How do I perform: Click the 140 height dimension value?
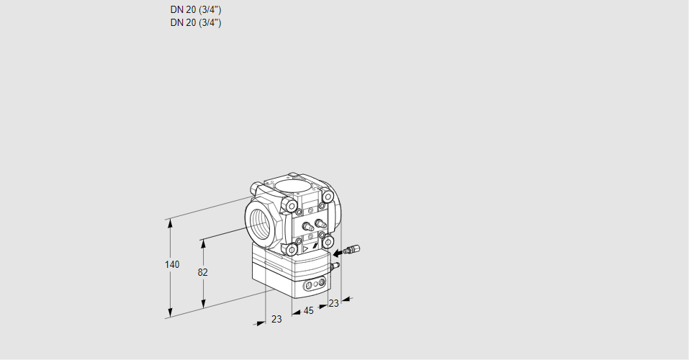(x=171, y=265)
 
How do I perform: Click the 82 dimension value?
(x=202, y=273)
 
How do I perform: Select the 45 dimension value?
(x=308, y=311)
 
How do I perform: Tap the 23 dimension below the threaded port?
(x=276, y=319)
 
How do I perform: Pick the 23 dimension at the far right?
(x=333, y=303)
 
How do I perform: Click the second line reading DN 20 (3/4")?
(x=196, y=22)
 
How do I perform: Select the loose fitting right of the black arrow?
(x=351, y=251)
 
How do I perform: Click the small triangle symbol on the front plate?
(x=305, y=248)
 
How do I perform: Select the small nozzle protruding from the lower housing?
(x=334, y=266)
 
